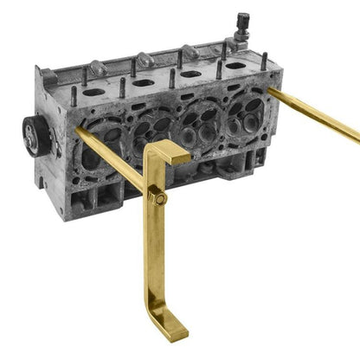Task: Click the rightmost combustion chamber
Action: (246, 111)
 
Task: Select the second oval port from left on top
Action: (143, 83)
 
